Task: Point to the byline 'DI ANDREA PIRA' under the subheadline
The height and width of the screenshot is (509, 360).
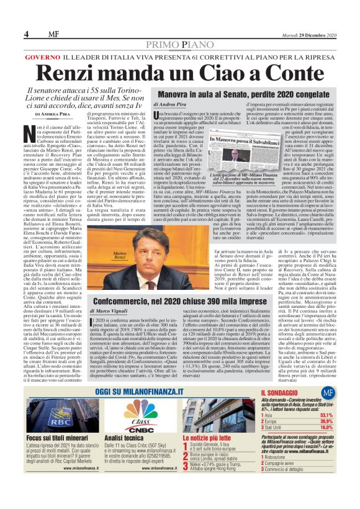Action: click(53, 115)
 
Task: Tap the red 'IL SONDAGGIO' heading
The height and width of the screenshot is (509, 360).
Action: click(281, 394)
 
